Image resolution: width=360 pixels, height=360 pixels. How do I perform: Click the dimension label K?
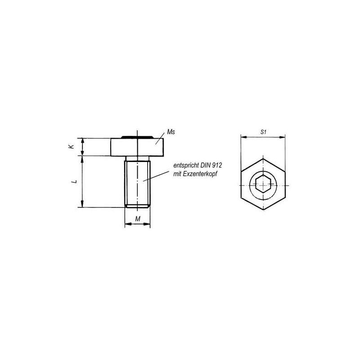pos(71,147)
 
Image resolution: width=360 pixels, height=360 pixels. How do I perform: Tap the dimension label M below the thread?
pos(138,218)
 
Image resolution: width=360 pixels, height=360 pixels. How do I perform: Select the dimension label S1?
pos(264,132)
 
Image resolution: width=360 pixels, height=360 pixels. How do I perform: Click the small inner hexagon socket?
pos(263,184)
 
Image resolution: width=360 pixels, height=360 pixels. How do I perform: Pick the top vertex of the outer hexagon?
pos(263,158)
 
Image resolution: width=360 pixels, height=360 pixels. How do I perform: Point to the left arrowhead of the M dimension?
pos(126,224)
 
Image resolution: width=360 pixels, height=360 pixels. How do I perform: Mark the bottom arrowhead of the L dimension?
pos(82,205)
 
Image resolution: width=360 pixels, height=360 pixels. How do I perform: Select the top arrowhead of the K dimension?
pos(82,140)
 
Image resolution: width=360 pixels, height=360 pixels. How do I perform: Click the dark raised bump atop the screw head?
pos(138,136)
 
